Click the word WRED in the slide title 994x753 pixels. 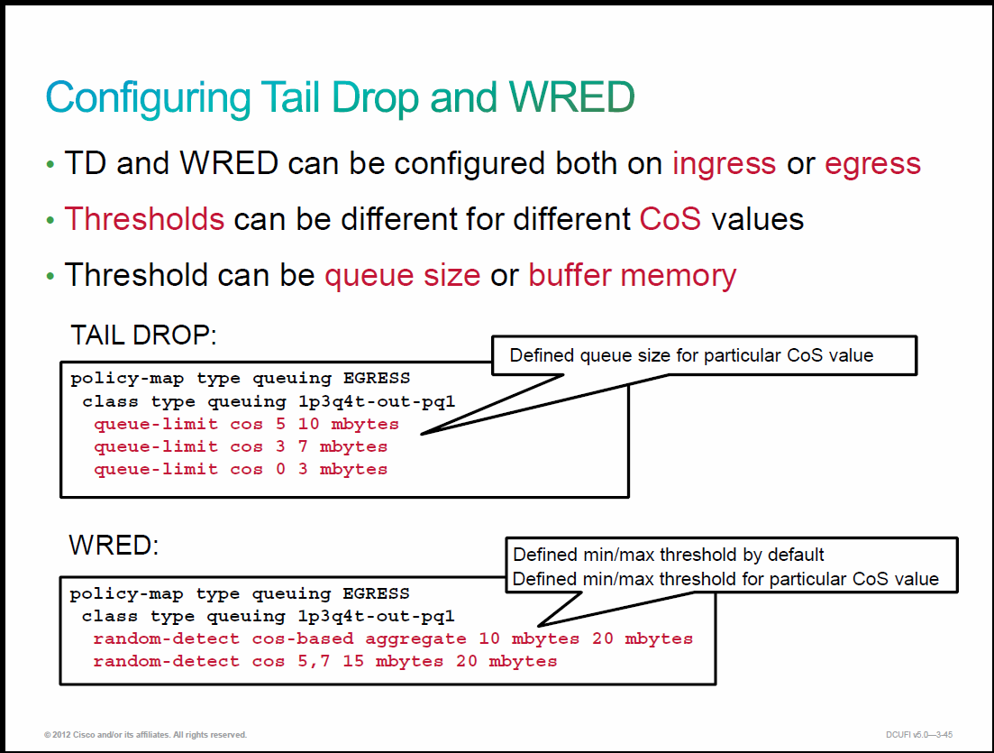click(x=571, y=97)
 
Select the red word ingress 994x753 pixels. click(x=724, y=165)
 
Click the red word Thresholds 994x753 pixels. click(x=144, y=219)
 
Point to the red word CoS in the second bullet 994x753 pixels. click(x=670, y=219)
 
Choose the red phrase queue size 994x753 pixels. click(x=403, y=275)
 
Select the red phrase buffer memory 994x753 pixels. click(x=632, y=275)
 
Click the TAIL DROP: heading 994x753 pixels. click(x=143, y=335)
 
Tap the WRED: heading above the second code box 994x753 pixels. click(x=114, y=545)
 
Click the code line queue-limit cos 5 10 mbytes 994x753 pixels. click(x=247, y=424)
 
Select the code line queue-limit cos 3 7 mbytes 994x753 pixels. click(x=241, y=446)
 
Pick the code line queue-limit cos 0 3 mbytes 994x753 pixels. click(x=241, y=469)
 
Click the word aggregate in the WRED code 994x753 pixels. click(x=415, y=639)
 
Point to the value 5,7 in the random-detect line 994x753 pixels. click(x=314, y=662)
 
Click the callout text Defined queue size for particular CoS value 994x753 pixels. click(x=691, y=355)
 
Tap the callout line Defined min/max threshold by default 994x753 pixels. click(x=668, y=556)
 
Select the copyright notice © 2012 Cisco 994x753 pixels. click(x=145, y=735)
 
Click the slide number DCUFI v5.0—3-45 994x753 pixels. click(x=919, y=735)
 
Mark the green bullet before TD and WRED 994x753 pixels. click(x=50, y=165)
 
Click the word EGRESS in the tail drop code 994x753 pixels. click(x=377, y=378)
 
